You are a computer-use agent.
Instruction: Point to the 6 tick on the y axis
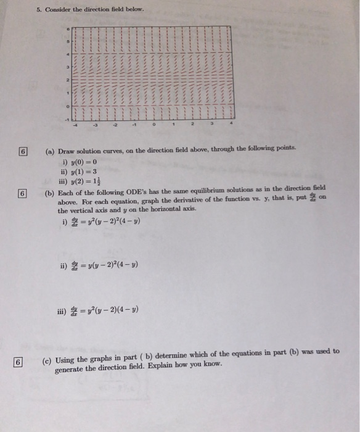tap(68, 29)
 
